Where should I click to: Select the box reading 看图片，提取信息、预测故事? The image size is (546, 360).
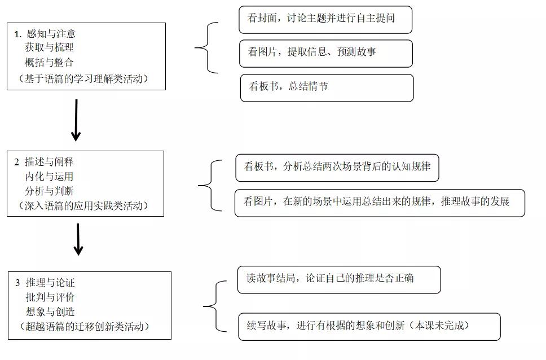tap(325, 53)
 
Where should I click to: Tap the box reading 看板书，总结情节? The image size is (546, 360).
tap(327, 87)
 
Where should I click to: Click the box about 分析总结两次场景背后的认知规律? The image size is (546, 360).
tap(337, 168)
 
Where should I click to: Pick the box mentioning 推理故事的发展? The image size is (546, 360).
tap(379, 203)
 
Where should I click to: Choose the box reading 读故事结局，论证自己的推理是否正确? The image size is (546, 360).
tap(338, 279)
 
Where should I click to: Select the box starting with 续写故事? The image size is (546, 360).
tap(369, 326)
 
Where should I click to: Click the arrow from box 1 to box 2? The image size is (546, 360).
tap(76, 120)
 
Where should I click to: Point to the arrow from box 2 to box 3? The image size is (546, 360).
tap(78, 239)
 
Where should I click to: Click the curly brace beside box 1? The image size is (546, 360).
tap(205, 49)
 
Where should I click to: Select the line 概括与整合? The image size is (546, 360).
tap(49, 62)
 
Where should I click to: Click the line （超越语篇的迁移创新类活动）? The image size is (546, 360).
tap(88, 326)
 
